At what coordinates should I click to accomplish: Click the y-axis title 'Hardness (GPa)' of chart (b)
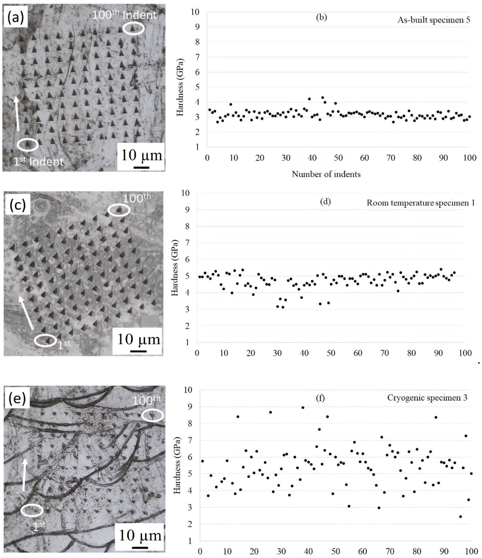click(180, 87)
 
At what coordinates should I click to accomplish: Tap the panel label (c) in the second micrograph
click(17, 205)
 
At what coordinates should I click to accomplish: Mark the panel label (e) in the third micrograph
click(17, 399)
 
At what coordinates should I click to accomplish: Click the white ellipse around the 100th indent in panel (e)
click(152, 415)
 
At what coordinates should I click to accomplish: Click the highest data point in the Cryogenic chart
click(303, 407)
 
